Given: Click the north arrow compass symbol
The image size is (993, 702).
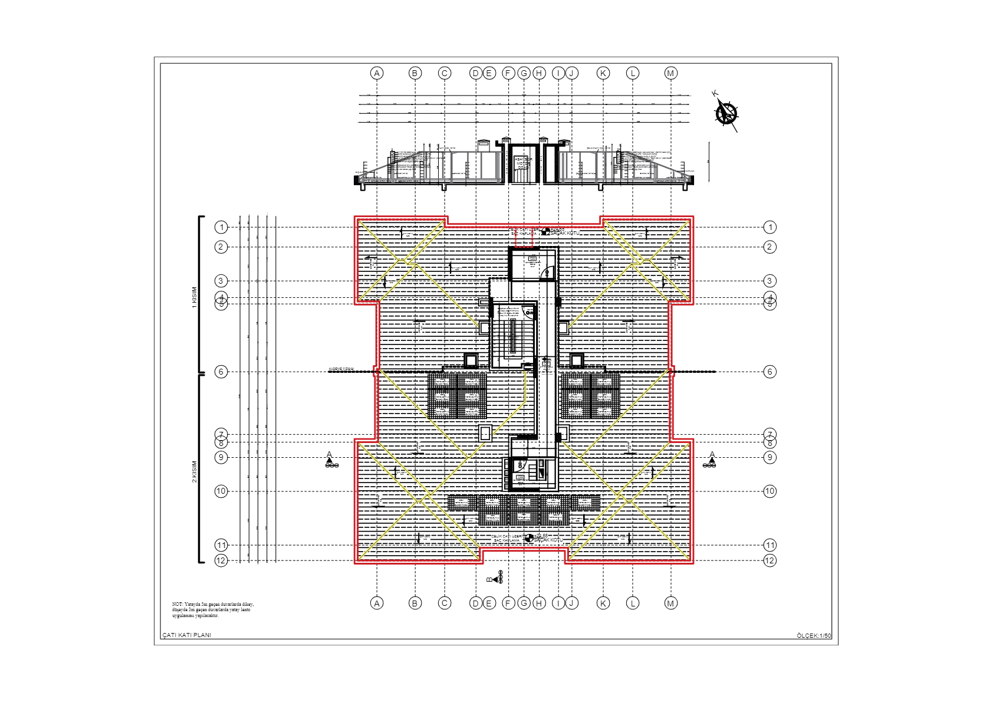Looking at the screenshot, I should (726, 113).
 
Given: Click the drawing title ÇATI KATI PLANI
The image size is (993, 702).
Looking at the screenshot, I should (187, 635).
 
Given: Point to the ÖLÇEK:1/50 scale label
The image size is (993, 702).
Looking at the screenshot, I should (814, 635).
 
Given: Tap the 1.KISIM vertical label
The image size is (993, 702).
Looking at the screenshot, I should (194, 297).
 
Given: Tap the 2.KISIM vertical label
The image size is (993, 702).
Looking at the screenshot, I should (194, 472).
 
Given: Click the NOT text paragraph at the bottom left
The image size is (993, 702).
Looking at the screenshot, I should (213, 610).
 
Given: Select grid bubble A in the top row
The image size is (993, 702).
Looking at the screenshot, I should (377, 73).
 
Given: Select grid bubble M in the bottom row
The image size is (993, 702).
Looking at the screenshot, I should (670, 603).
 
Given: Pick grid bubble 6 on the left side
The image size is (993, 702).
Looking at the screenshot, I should (221, 372).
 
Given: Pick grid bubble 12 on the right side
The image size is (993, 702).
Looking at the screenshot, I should (770, 560).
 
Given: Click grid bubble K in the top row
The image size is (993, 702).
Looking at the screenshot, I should (603, 73).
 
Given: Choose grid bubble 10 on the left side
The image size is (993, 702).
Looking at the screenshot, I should (221, 491).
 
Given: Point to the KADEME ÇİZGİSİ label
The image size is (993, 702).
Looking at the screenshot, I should (341, 369).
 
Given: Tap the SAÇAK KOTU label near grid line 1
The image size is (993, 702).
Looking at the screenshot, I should (564, 233).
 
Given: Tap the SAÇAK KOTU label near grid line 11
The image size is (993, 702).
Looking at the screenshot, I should (548, 540).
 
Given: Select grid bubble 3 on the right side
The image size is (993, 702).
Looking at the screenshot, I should (770, 281).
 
